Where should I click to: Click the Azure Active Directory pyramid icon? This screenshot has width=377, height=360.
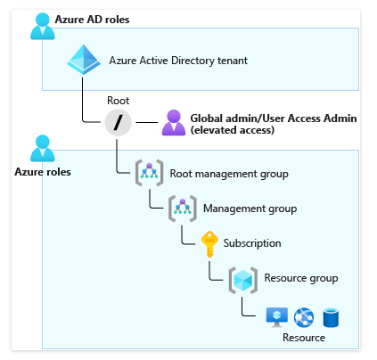point(84,60)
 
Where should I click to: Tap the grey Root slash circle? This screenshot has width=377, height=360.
point(118,122)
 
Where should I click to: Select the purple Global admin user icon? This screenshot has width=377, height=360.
point(174,123)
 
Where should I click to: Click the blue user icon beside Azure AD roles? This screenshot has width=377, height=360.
point(43,26)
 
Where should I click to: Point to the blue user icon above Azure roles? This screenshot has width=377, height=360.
point(43,148)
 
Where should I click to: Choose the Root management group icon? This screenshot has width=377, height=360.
point(149,173)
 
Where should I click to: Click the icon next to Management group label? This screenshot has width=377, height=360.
point(183,209)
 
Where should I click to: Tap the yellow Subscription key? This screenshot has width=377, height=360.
point(209,244)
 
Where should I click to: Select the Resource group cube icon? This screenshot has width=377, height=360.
point(243,280)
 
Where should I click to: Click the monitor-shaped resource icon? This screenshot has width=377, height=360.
point(277,317)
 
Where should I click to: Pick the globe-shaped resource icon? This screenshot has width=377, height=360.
point(304,317)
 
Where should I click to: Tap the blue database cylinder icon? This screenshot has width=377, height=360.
point(331,317)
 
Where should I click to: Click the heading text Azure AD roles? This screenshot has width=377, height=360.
point(92,20)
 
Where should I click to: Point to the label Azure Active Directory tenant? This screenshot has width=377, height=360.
point(178,61)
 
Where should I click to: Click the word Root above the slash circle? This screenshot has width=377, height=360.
point(118,101)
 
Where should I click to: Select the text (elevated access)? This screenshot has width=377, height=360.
point(233,130)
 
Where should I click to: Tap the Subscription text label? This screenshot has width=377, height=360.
point(252,243)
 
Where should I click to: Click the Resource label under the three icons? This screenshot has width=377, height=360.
point(304,338)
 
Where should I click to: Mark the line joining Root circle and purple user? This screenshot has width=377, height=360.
point(147,122)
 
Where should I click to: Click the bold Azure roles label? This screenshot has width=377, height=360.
point(43,172)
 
